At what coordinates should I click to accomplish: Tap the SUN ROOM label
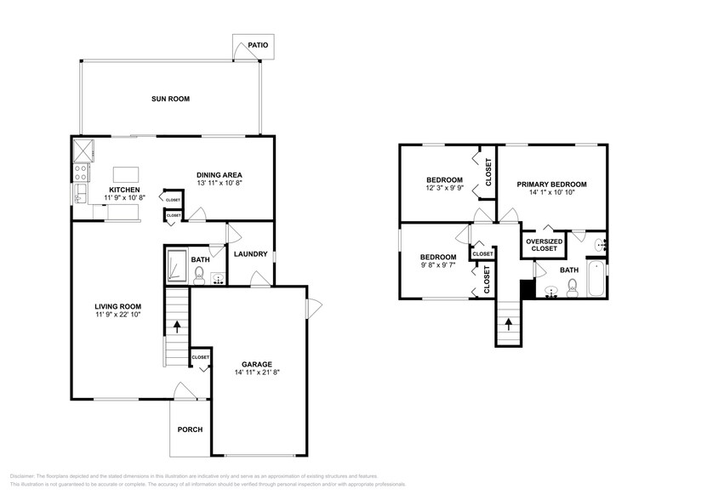click(x=170, y=99)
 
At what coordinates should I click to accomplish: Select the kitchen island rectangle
click(x=126, y=173)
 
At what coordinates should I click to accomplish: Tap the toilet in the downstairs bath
click(x=199, y=274)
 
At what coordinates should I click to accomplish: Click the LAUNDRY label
click(x=252, y=253)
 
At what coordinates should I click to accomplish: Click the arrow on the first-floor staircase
click(x=177, y=324)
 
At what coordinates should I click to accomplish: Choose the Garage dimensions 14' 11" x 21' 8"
click(x=256, y=372)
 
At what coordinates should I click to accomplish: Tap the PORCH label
click(x=190, y=429)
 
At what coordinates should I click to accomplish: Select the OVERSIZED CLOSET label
click(x=544, y=245)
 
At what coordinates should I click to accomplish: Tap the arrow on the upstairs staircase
click(x=509, y=322)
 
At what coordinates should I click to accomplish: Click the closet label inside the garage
click(x=201, y=357)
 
